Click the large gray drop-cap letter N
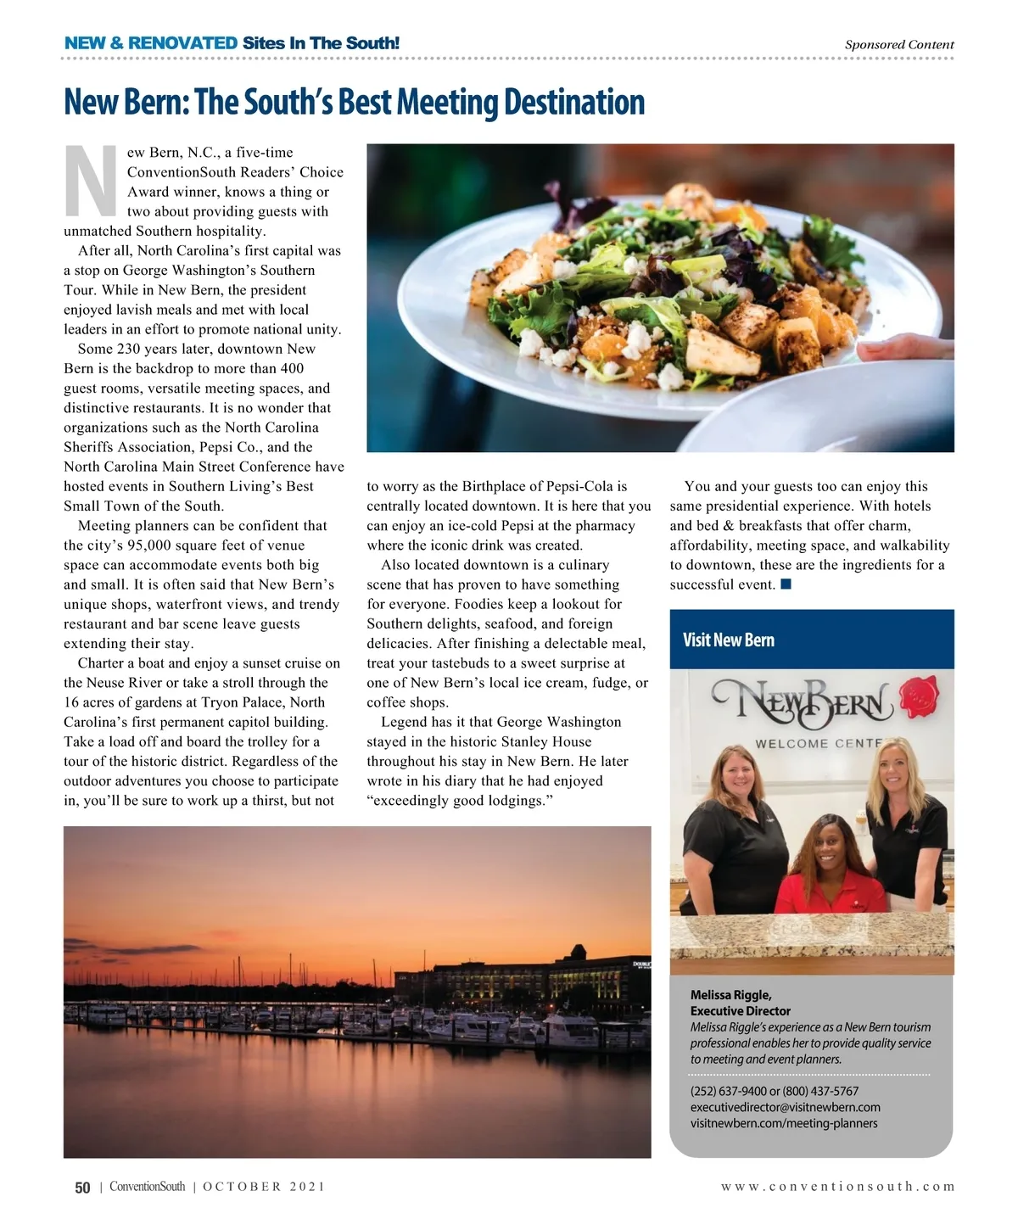click(91, 181)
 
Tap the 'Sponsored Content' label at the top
click(898, 45)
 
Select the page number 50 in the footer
click(82, 1188)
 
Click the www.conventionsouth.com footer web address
click(837, 1187)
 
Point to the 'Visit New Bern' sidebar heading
click(729, 640)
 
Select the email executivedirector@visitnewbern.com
click(785, 1107)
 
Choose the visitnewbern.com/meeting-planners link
click(783, 1123)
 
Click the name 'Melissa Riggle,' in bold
click(730, 995)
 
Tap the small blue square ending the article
click(786, 584)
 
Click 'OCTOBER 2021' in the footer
click(264, 1187)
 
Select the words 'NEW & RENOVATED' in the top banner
click(151, 43)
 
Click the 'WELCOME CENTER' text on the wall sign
click(815, 744)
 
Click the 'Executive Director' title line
click(740, 1011)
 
